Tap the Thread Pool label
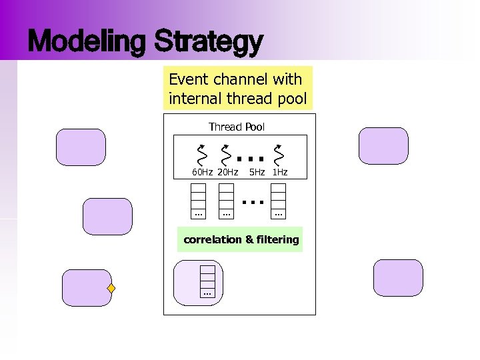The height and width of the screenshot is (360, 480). tap(236, 127)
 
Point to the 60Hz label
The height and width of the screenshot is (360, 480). tap(202, 173)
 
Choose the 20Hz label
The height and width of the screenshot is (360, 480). tap(227, 173)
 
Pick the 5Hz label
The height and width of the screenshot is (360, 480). tap(257, 173)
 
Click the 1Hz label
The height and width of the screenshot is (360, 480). tap(280, 173)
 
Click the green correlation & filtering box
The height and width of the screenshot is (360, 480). tap(241, 239)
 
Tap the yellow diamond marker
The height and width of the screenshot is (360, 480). tap(112, 289)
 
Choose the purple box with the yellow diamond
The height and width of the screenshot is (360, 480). tap(86, 288)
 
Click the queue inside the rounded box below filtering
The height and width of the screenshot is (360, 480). tap(207, 281)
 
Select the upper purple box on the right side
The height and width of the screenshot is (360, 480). tap(383, 146)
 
